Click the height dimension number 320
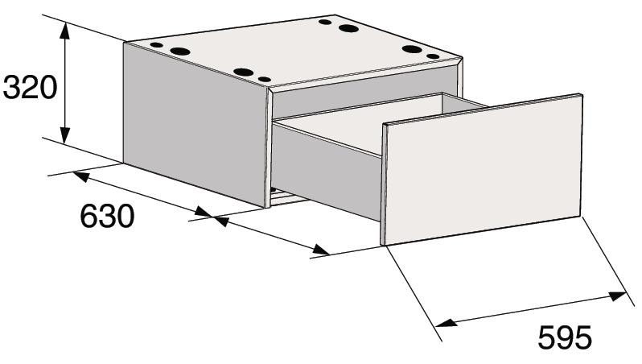(x=30, y=87)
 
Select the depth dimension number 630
(x=107, y=216)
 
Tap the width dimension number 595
(x=565, y=337)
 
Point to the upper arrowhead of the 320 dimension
(x=64, y=31)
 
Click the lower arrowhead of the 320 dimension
(x=64, y=135)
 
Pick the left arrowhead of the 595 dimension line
(x=446, y=322)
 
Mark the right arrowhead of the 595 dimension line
(x=617, y=296)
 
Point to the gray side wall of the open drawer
(x=327, y=172)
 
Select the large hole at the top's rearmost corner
(x=348, y=29)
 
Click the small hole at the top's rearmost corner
(x=325, y=22)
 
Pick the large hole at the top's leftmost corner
(x=180, y=52)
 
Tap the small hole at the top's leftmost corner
(x=156, y=44)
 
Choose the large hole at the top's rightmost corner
(x=412, y=49)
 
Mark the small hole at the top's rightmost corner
(x=433, y=56)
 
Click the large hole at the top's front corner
(x=244, y=72)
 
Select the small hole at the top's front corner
(x=265, y=79)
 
